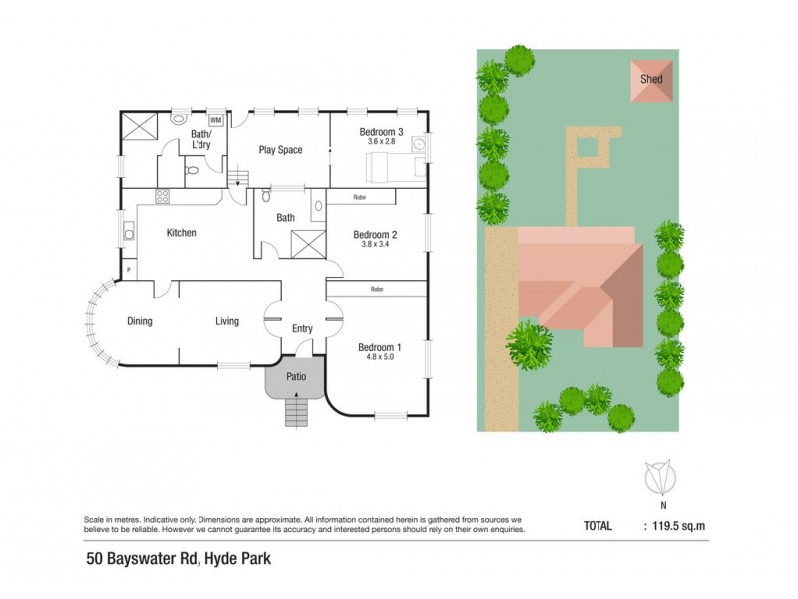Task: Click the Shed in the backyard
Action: click(x=649, y=80)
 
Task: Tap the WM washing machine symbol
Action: click(x=215, y=121)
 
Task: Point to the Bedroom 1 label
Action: click(x=379, y=347)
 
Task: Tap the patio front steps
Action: click(x=296, y=409)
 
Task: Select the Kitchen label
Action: click(x=181, y=233)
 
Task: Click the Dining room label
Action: click(x=139, y=321)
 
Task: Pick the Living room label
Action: click(x=228, y=321)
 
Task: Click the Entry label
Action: click(x=302, y=329)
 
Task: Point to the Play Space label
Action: click(x=280, y=151)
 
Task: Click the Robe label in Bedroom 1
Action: click(x=377, y=289)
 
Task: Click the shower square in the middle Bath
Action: click(x=302, y=242)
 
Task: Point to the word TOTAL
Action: click(x=598, y=523)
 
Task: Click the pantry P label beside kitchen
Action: click(x=129, y=269)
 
